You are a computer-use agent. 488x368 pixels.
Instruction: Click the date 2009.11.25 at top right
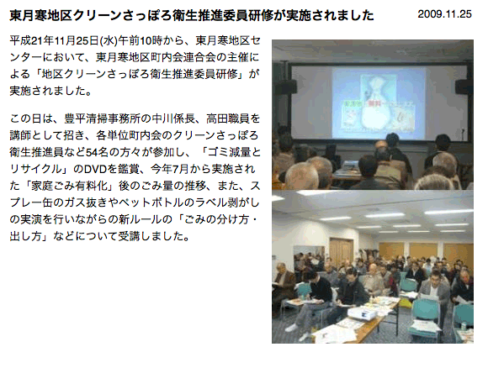pyautogui.click(x=444, y=14)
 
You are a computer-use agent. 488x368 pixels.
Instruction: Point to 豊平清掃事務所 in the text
pyautogui.click(x=103, y=118)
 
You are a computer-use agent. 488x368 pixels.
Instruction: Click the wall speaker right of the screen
pyautogui.click(x=464, y=87)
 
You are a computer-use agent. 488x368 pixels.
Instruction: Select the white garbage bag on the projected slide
pyautogui.click(x=378, y=108)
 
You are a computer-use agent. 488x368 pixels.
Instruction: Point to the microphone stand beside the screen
pyautogui.click(x=463, y=134)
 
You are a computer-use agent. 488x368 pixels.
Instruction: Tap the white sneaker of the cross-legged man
pyautogui.click(x=292, y=328)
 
